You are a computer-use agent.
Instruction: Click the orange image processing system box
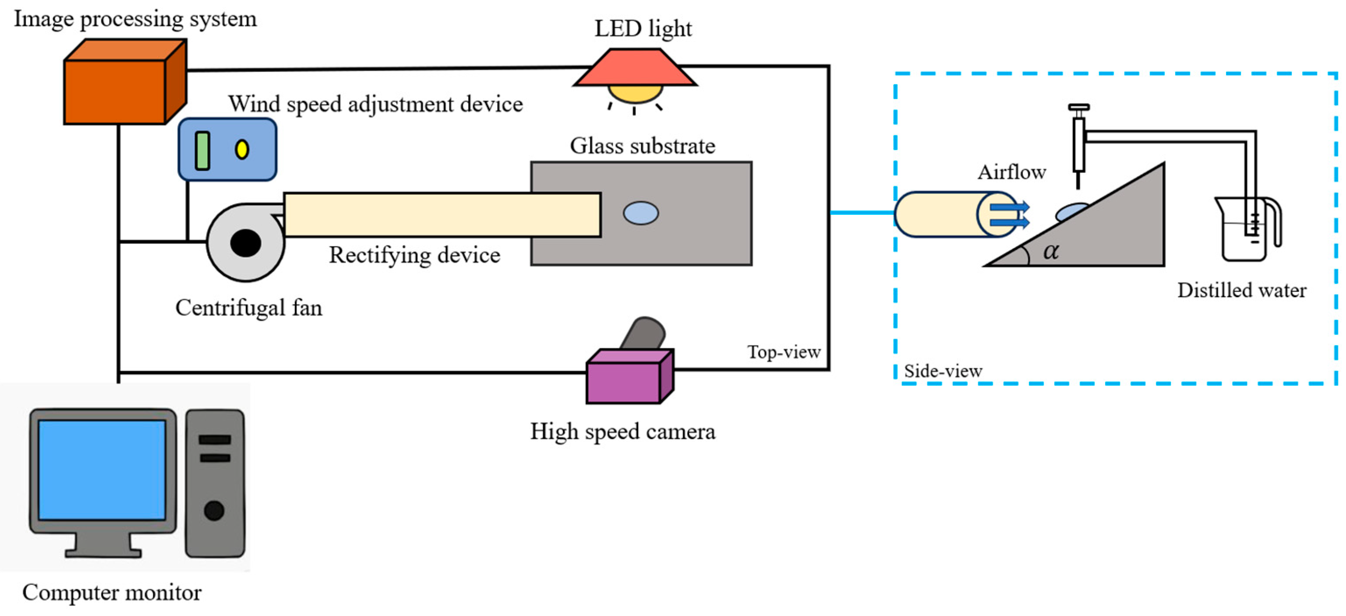tap(115, 91)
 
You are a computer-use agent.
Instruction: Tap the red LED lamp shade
tap(635, 68)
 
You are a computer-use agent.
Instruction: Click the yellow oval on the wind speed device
tap(241, 150)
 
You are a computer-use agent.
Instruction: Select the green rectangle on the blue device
tap(202, 151)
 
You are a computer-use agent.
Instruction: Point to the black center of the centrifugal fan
tap(246, 243)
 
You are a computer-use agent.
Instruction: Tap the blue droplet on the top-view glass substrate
tap(641, 213)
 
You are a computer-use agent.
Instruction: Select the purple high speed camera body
tap(623, 382)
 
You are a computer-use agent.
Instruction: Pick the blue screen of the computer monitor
tap(102, 469)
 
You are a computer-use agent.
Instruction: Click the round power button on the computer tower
tap(214, 510)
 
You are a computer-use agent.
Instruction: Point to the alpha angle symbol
tap(1051, 252)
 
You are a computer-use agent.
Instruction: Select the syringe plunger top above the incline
tap(1078, 108)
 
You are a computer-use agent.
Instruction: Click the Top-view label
tap(784, 352)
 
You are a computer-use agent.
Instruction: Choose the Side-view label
tap(943, 371)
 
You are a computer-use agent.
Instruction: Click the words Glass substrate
tap(642, 146)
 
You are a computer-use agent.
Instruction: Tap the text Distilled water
tap(1241, 290)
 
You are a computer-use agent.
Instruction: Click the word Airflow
tap(1012, 172)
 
